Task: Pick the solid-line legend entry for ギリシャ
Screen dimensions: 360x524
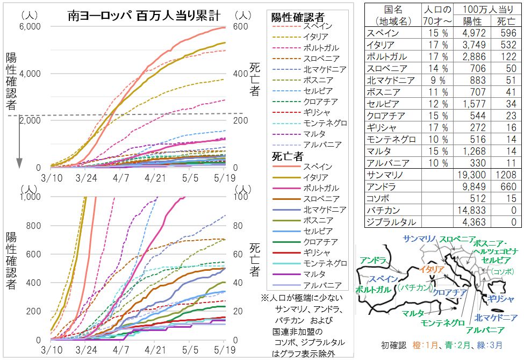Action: (302, 253)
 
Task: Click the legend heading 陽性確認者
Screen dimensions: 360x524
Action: (302, 17)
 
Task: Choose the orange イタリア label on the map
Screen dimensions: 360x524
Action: (431, 269)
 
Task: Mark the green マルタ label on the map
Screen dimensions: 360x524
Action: (413, 313)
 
